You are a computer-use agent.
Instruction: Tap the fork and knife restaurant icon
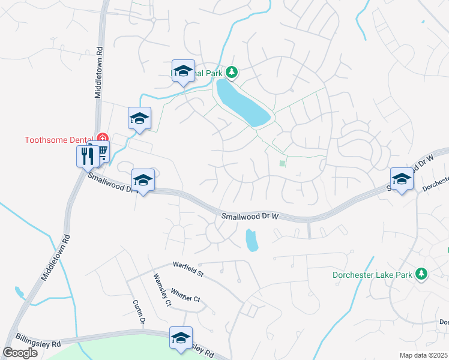[88, 157]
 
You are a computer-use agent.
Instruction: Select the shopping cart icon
[101, 152]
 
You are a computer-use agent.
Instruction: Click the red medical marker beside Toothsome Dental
[101, 139]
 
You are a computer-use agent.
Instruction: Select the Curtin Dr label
[138, 311]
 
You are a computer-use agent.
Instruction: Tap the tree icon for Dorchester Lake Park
[422, 274]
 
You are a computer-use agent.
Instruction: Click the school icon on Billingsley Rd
[181, 338]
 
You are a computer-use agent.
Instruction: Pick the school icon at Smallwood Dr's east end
[402, 179]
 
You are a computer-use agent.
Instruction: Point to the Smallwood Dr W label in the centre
[250, 216]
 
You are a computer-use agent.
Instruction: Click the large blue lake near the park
[242, 103]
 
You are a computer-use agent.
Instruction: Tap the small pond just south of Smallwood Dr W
[252, 241]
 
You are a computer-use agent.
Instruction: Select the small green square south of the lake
[282, 163]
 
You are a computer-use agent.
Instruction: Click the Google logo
[20, 352]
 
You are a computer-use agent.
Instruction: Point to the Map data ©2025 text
[423, 355]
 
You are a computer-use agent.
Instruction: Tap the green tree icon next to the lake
[232, 73]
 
